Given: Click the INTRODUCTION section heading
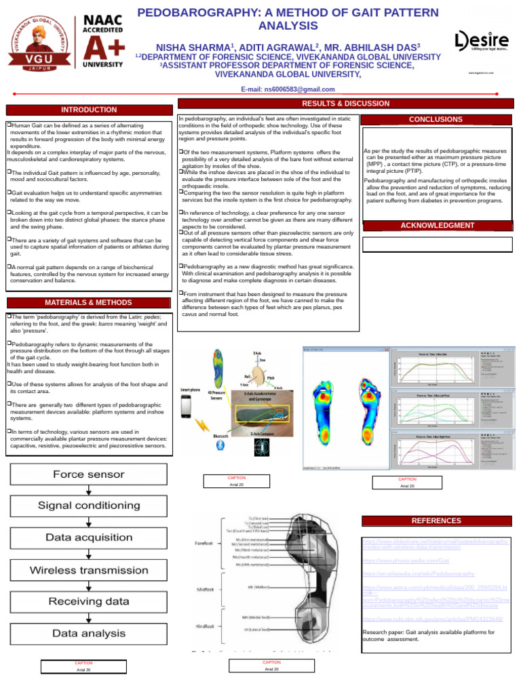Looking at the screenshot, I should point(89,110).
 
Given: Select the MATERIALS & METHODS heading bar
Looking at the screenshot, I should point(89,302).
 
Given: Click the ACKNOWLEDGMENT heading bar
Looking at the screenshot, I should point(437,226).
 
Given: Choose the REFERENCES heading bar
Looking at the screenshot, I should point(436,520).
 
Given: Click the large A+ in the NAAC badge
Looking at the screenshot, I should point(102,47).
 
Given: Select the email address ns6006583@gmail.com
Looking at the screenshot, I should point(288,89).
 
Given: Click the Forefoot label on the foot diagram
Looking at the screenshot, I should point(205,542).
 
